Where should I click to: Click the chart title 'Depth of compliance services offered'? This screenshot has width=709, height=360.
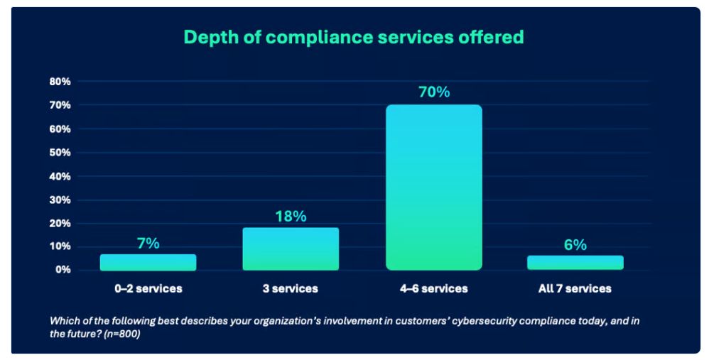354,37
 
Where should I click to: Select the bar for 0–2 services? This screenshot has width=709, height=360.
148,263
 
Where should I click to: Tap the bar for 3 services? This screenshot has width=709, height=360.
291,249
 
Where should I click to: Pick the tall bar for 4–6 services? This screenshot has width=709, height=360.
434,187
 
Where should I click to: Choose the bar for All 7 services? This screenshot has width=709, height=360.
575,263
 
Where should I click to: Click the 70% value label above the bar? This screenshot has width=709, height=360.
434,92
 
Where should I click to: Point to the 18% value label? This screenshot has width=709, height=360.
291,217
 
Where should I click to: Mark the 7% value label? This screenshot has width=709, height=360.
148,244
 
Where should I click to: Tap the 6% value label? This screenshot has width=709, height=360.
575,245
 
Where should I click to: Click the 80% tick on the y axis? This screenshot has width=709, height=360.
60,82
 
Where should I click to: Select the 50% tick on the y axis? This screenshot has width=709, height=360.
60,153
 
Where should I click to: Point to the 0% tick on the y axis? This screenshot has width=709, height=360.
63,270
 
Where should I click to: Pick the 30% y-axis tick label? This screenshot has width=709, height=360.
60,200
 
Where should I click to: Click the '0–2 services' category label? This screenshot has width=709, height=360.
148,288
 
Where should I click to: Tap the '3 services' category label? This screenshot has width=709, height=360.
291,288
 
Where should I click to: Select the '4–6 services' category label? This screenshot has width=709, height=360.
433,288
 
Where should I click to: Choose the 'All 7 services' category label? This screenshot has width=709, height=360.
575,288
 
